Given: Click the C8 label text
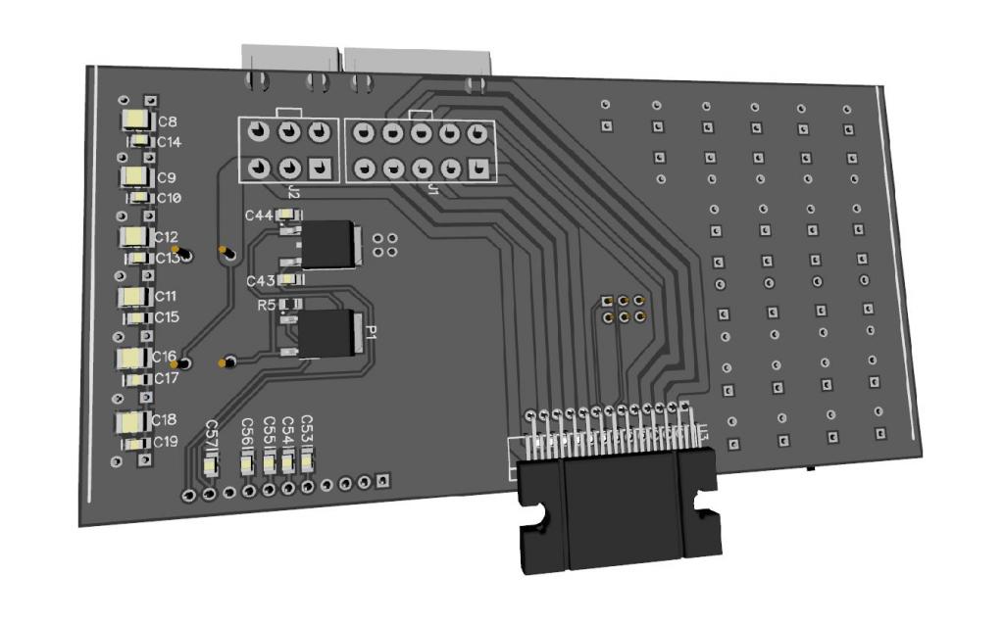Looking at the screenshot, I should pos(168,121).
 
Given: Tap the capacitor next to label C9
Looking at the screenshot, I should pos(134,176).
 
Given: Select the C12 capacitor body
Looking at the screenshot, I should pos(132,237).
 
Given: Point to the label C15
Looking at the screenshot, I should pos(167,317).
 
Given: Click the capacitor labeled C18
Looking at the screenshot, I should pos(131,422).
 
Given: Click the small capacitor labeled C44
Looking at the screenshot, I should pos(288,215).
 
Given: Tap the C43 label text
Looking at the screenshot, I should pos(260,281).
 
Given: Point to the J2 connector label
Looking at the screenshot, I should pos(294,189).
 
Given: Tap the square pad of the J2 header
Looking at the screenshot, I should pos(319,167).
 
